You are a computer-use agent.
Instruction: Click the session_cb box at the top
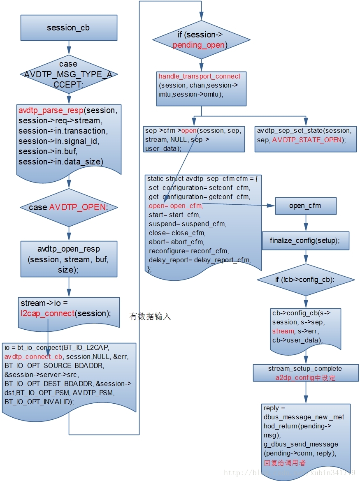tap(69, 28)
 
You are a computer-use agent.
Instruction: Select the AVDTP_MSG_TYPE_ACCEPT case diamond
tap(69, 74)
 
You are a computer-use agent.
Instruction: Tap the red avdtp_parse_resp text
tap(51, 111)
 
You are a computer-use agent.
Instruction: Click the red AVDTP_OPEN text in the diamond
tap(77, 207)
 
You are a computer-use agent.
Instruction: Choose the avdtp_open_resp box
tap(69, 259)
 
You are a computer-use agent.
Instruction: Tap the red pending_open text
tap(199, 45)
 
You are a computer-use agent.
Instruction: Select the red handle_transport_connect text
tap(200, 76)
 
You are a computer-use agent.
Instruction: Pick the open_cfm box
tap(305, 206)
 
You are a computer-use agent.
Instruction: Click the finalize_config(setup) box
tap(305, 240)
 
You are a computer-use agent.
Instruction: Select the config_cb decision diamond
tap(305, 280)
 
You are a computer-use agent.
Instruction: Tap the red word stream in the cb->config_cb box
tap(283, 331)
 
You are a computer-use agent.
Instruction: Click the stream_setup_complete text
tap(305, 368)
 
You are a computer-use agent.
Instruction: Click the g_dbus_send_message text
tap(301, 444)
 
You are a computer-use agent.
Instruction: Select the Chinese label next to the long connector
tap(150, 316)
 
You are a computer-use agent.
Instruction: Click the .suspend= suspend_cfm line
tap(187, 224)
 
